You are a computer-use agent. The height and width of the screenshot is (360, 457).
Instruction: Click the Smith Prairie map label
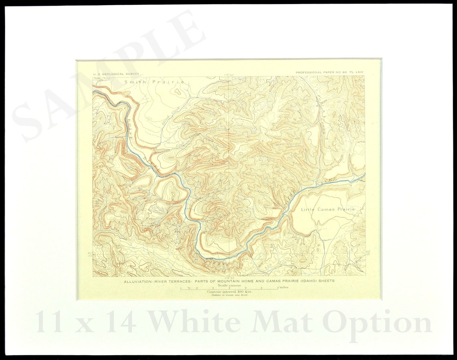(x=154, y=82)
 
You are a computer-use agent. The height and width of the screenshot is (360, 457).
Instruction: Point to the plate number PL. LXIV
(x=356, y=72)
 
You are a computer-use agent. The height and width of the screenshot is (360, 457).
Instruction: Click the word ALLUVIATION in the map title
(x=138, y=281)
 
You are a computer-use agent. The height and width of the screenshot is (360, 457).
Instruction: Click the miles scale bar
(x=228, y=288)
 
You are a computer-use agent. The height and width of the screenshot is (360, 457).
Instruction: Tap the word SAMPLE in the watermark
(x=108, y=76)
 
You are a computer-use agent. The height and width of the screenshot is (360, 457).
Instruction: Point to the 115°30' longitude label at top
(x=229, y=74)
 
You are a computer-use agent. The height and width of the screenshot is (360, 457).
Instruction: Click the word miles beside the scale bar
(x=284, y=287)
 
